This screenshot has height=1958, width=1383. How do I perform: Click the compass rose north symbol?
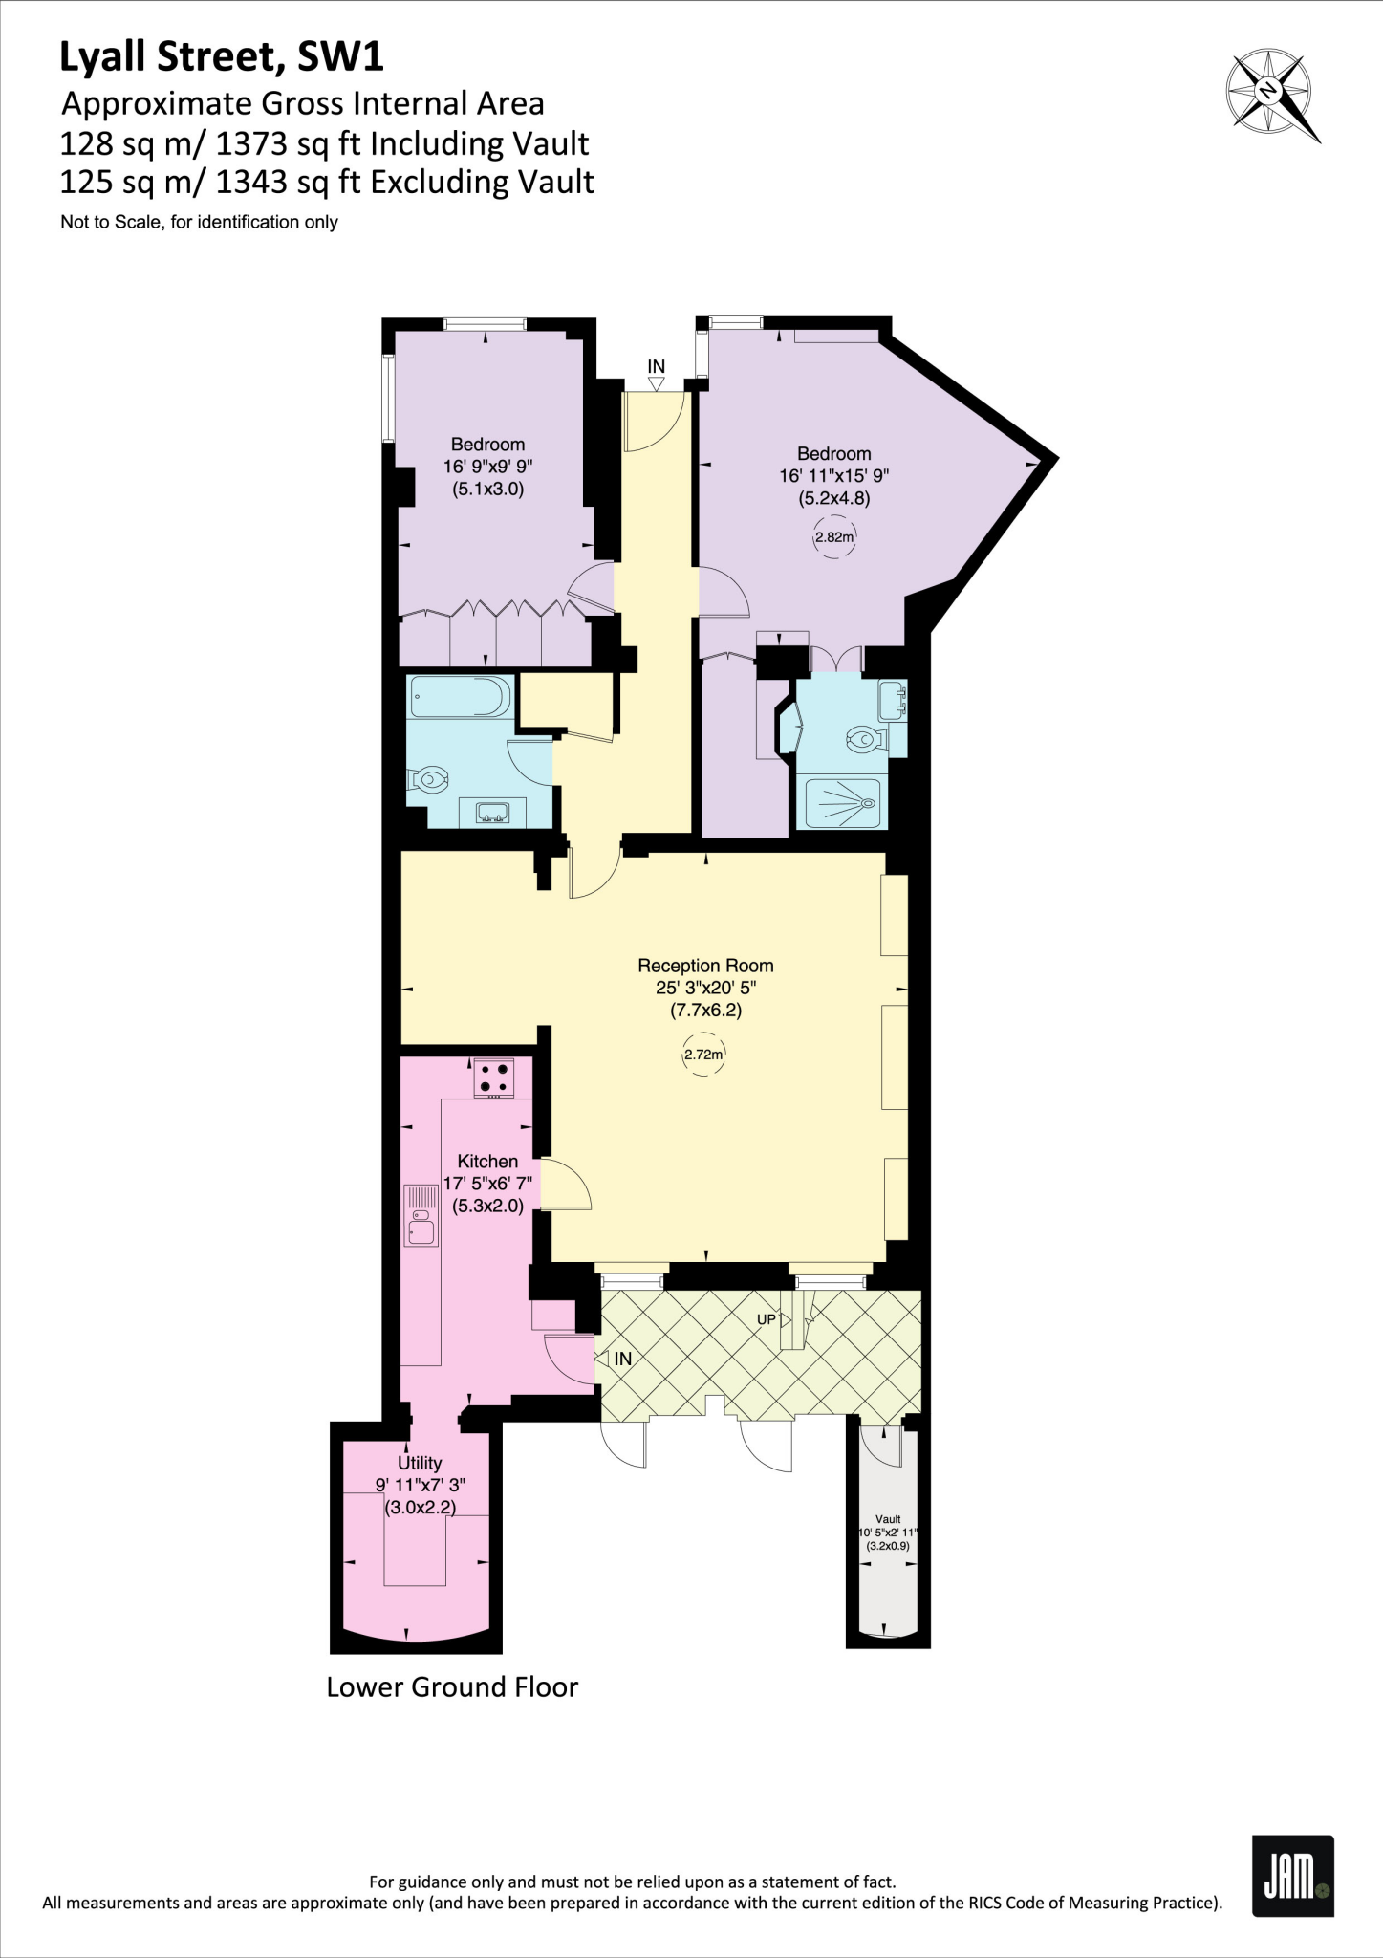[x=1270, y=93]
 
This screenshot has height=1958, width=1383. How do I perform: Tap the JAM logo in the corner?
[x=1292, y=1875]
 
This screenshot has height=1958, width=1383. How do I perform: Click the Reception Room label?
[x=705, y=966]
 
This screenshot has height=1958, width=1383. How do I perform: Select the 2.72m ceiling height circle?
[x=703, y=1055]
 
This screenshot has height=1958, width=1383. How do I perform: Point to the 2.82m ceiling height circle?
[x=833, y=537]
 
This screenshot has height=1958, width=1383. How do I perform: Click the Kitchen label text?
[x=487, y=1161]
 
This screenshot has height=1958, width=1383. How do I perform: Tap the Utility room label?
[x=420, y=1463]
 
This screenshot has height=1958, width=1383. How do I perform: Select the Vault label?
[x=888, y=1519]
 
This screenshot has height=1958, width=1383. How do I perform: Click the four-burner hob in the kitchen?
[x=494, y=1077]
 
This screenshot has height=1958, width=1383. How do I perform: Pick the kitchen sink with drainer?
[x=421, y=1215]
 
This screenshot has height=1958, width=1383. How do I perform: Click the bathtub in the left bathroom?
[x=460, y=697]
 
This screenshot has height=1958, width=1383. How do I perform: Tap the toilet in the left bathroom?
[x=428, y=780]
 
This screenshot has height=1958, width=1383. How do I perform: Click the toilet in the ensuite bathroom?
[x=866, y=738]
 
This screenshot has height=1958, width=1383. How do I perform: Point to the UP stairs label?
[x=767, y=1319]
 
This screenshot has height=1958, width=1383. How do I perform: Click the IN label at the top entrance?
[x=656, y=366]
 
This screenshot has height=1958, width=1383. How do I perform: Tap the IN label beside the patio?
[x=622, y=1359]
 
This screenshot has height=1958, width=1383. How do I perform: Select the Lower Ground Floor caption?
[x=452, y=1687]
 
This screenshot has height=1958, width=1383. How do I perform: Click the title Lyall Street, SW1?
[x=222, y=57]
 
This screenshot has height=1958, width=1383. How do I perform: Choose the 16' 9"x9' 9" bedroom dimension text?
[x=487, y=467]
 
